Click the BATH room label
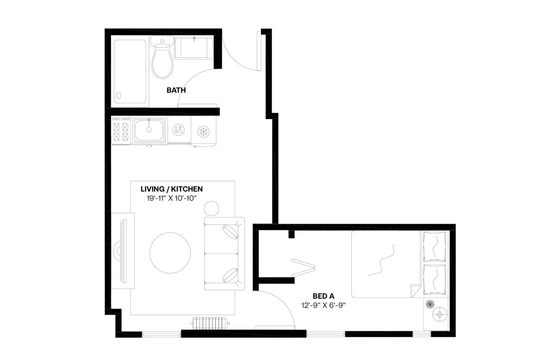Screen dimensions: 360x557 tap(176, 90)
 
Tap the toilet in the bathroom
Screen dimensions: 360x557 tap(162, 61)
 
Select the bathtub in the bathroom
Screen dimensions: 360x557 tap(130, 71)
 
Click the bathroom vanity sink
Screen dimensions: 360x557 tap(194, 48)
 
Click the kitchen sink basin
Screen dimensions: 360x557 tap(149, 130)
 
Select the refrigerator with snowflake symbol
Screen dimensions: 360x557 tap(203, 131)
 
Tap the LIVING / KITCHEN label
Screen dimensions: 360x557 tap(171, 189)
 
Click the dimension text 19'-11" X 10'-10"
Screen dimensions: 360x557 tap(171, 198)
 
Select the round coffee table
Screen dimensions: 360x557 tap(170, 252)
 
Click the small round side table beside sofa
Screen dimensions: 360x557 tap(212, 209)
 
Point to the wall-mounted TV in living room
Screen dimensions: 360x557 tap(123, 251)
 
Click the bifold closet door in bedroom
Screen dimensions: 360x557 tap(303, 267)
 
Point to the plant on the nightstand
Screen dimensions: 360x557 tap(430, 303)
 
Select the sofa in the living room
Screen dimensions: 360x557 tap(224, 253)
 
